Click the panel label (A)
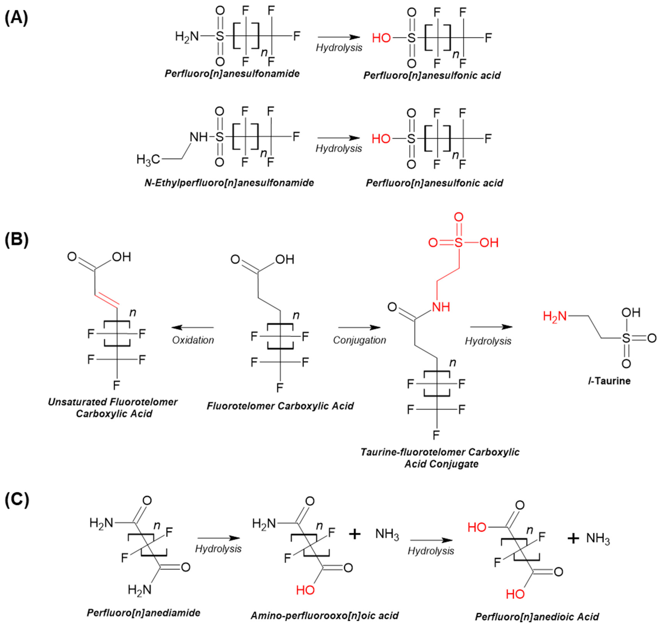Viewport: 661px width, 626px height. pos(16,18)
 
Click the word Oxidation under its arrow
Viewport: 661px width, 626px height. pos(193,340)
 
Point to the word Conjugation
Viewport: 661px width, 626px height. pos(359,340)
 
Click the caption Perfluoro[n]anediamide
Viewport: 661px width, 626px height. pos(143,613)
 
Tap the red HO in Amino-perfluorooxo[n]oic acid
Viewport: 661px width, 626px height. pos(305,590)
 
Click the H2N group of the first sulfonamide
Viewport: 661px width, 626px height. pos(187,36)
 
